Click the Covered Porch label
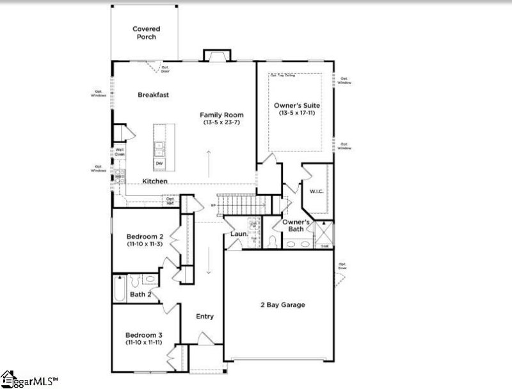[146, 33]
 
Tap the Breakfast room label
[154, 95]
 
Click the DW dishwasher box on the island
[158, 163]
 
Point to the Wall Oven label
[120, 152]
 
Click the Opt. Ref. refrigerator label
[170, 201]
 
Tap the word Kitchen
[155, 181]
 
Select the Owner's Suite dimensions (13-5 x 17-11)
[297, 113]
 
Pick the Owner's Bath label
[296, 226]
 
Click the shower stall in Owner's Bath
[323, 232]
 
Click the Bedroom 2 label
[144, 236]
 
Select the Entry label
[205, 317]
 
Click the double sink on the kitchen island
[158, 149]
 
